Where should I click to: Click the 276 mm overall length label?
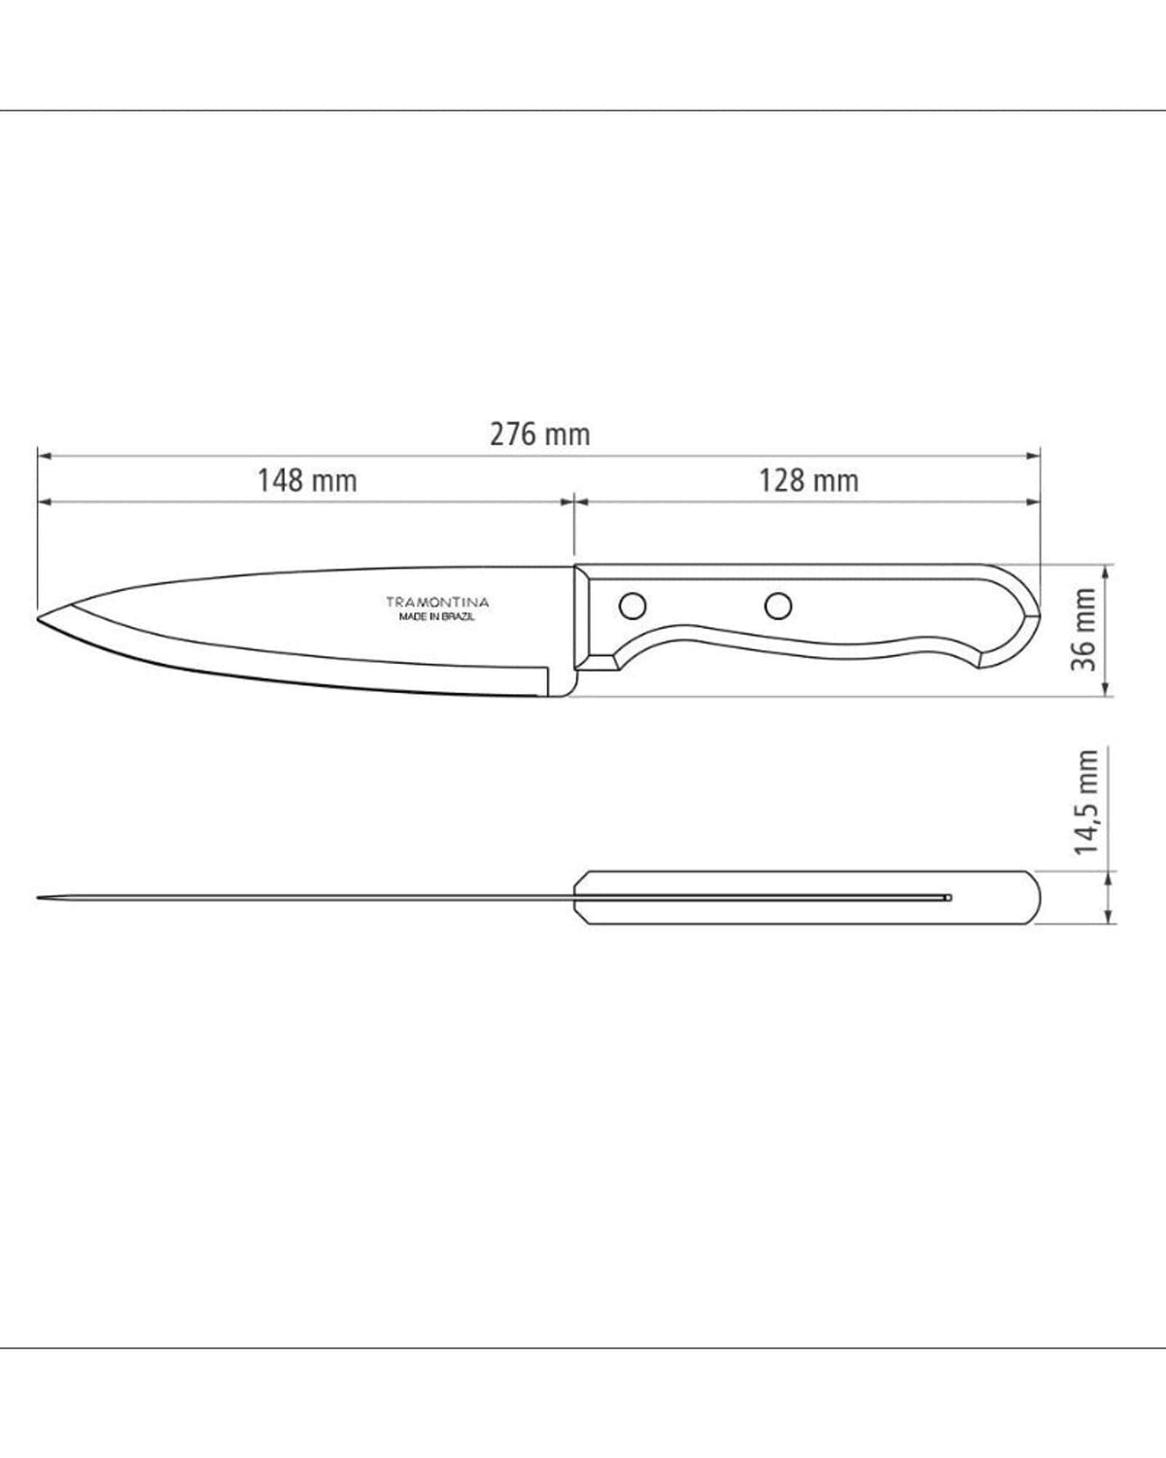540,434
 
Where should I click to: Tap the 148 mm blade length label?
307,480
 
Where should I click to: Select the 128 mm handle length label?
808,480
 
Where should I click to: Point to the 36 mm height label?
1083,630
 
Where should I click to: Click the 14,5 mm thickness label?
1086,802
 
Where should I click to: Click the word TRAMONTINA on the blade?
437,602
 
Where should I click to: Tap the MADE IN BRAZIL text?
437,617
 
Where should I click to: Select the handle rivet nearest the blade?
633,605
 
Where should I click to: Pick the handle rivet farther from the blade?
778,605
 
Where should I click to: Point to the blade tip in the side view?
38,618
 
